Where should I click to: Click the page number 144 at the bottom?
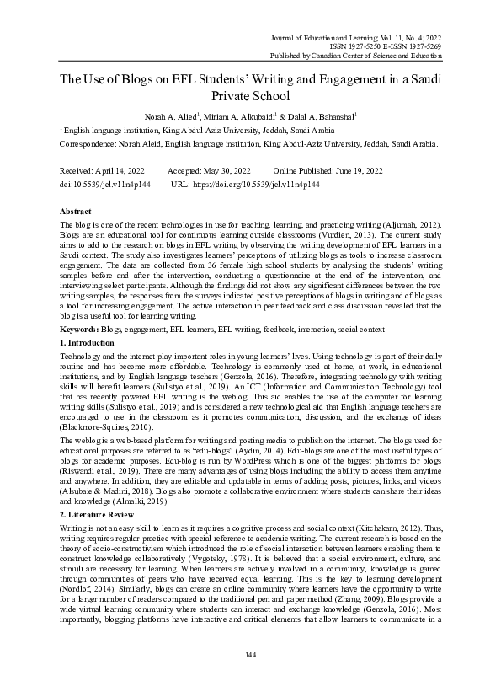tap(250, 654)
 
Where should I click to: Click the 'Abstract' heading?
tap(77, 210)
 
